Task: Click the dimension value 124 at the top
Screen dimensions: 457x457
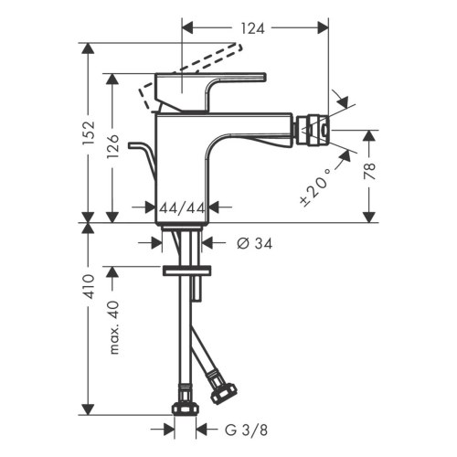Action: tap(255, 28)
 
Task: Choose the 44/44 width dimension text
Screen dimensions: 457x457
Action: tap(182, 208)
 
